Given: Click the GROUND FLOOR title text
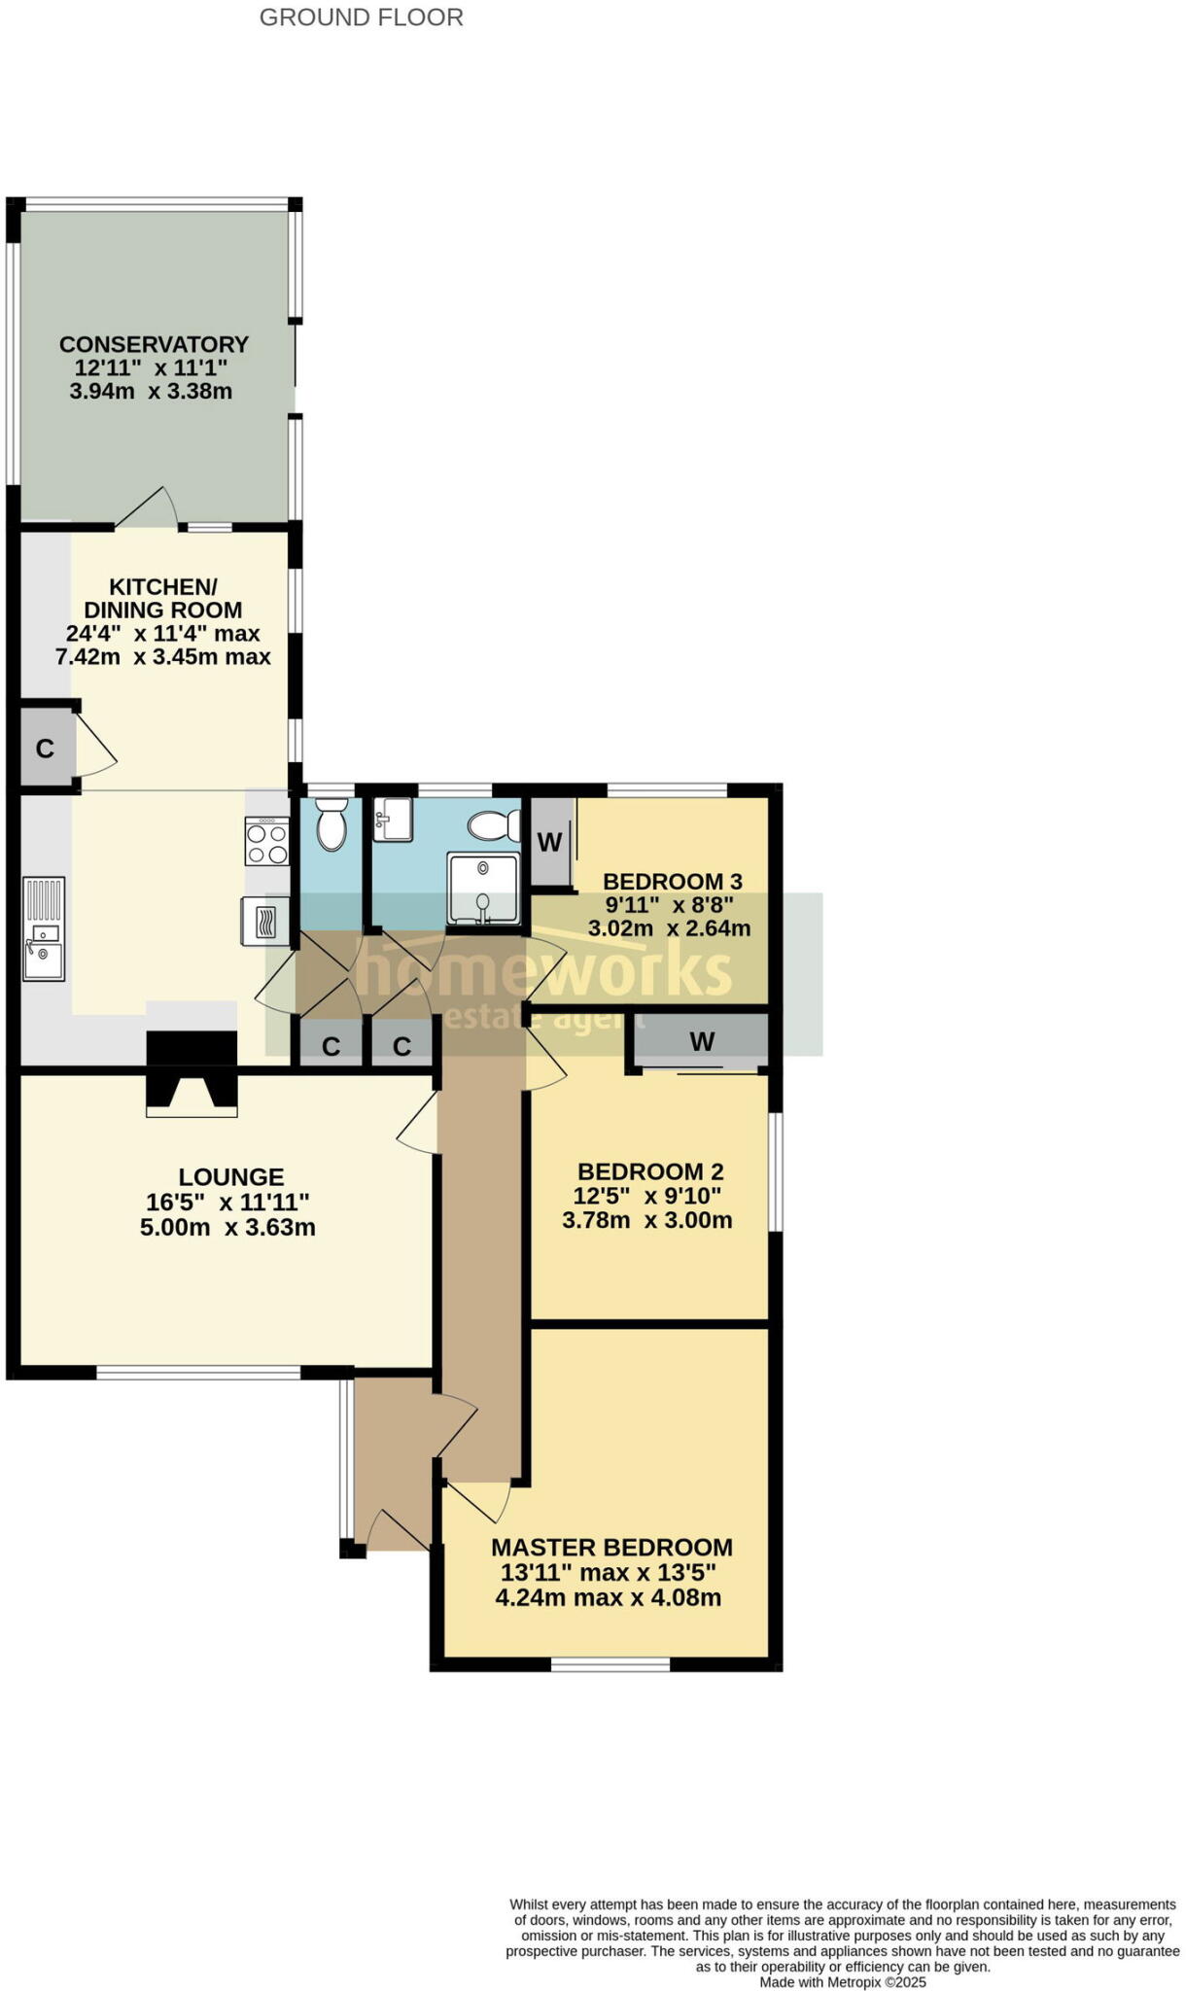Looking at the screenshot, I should coord(361,17).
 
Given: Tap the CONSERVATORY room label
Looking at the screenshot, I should coord(154,344).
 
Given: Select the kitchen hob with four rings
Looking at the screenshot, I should coord(267,842).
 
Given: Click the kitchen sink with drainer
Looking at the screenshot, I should coord(44,928).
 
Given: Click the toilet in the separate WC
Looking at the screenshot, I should coord(331,824).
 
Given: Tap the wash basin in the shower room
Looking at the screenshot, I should coord(394,819).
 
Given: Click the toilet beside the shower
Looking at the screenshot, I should coord(495,826).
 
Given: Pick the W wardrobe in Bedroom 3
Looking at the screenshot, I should coord(550,842).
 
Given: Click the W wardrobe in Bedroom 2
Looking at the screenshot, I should coord(702,1042).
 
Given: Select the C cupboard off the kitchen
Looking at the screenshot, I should coord(45,749).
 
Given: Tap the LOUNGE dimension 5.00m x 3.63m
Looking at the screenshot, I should coord(227,1227).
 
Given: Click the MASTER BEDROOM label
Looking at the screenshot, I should coord(611,1548).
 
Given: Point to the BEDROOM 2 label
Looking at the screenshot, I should coord(649,1171).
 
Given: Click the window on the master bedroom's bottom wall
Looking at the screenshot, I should coord(610,1664).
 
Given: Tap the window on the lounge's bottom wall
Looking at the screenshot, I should coord(198,1373).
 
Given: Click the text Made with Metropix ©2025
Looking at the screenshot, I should coord(842,1981).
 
